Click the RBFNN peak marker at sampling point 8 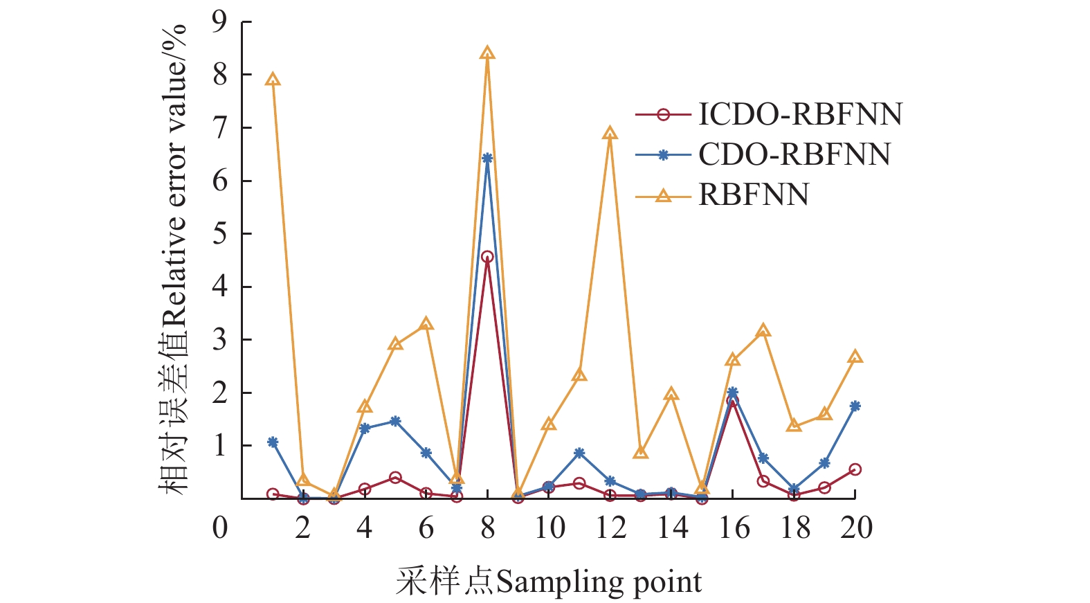[x=487, y=53]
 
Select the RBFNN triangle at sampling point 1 [x=273, y=80]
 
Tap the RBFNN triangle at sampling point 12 [x=610, y=134]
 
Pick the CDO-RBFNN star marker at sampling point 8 [x=487, y=159]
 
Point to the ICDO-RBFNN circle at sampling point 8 [x=487, y=257]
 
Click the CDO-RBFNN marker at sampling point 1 [x=273, y=442]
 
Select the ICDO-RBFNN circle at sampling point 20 [x=855, y=469]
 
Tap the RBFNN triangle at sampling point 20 [x=855, y=357]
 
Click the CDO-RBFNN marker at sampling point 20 [x=855, y=406]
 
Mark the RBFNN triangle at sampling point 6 [x=426, y=324]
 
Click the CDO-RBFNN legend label [x=794, y=155]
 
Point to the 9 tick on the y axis [x=219, y=22]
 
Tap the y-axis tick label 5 [x=219, y=234]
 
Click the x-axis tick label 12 [x=610, y=528]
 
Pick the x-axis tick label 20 [x=856, y=528]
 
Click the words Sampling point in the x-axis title [x=599, y=582]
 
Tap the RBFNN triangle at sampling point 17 [x=763, y=331]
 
